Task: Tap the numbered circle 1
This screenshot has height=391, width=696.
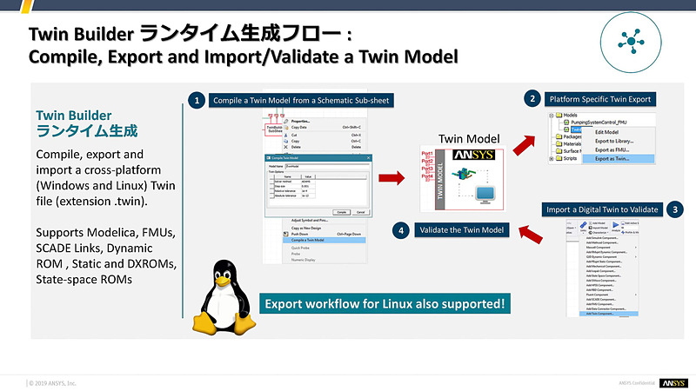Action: coord(198,101)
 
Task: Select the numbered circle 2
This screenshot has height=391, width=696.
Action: coord(532,99)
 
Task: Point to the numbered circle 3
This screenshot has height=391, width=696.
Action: coord(678,209)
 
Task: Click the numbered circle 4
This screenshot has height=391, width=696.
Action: coord(399,231)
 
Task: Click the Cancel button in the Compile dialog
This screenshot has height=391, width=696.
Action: coord(360,211)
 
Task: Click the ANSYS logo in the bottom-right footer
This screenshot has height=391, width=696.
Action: coord(673,383)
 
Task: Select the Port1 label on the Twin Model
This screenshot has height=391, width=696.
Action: coord(427,154)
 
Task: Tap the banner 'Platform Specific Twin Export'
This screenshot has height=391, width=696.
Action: coord(599,99)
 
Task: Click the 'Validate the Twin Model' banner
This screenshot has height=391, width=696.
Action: coord(459,231)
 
